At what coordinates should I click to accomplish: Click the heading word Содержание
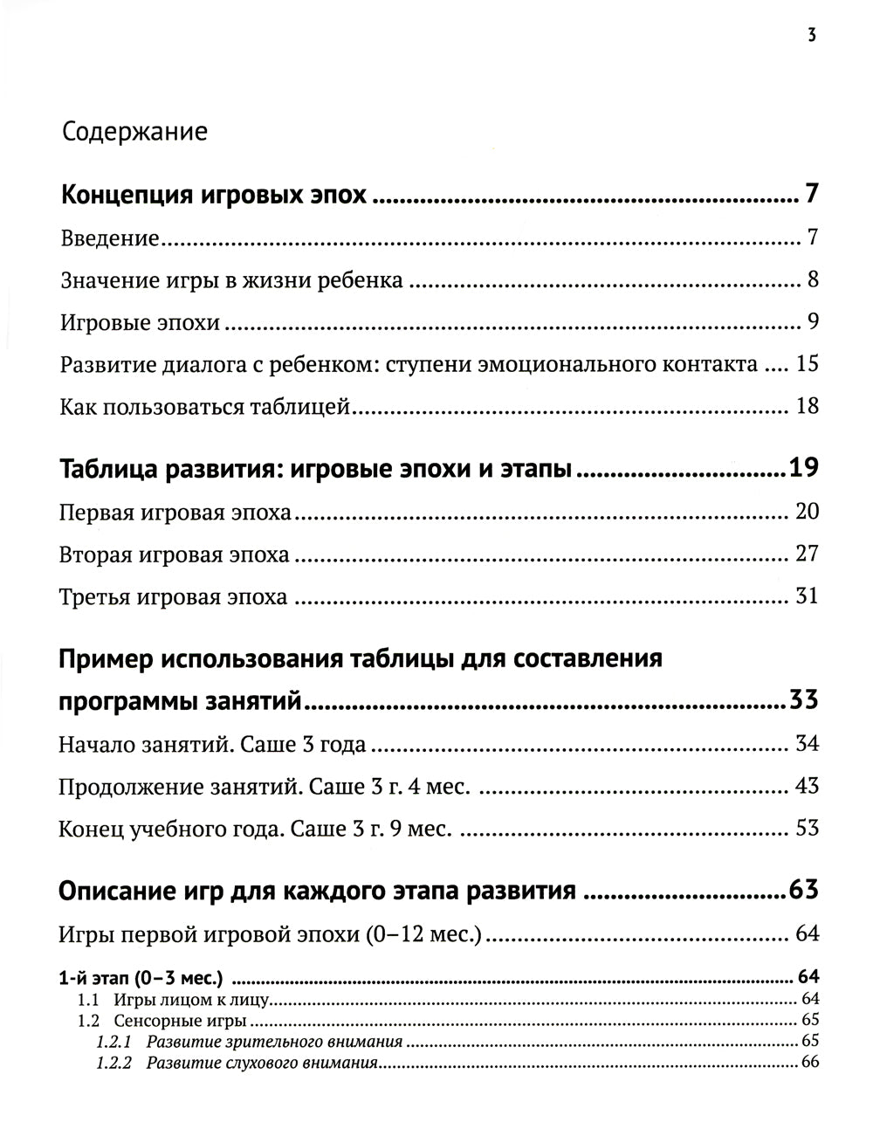(135, 132)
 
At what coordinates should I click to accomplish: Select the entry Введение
(110, 238)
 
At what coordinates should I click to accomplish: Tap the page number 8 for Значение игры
(813, 280)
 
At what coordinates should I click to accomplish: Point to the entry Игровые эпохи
(140, 323)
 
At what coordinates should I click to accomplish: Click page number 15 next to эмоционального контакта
(807, 364)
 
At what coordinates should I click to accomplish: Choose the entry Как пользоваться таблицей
(205, 407)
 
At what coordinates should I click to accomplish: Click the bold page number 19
(803, 469)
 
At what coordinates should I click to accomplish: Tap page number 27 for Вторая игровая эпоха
(807, 554)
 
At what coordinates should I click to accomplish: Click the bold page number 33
(803, 700)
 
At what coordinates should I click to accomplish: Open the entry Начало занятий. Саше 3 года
(212, 745)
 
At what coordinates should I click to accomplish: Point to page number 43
(807, 786)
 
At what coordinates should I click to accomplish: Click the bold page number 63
(803, 891)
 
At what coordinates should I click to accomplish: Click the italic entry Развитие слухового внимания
(262, 1063)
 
